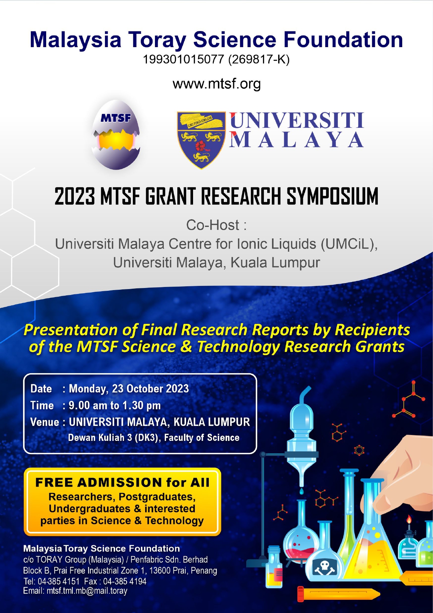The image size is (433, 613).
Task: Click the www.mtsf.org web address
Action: click(216, 84)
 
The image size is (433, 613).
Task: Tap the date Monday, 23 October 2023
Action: click(129, 389)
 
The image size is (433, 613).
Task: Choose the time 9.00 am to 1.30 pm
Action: click(115, 405)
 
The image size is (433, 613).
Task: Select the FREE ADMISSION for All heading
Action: click(122, 482)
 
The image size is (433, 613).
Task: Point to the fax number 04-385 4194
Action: click(125, 581)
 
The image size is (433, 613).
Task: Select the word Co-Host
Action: click(213, 225)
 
